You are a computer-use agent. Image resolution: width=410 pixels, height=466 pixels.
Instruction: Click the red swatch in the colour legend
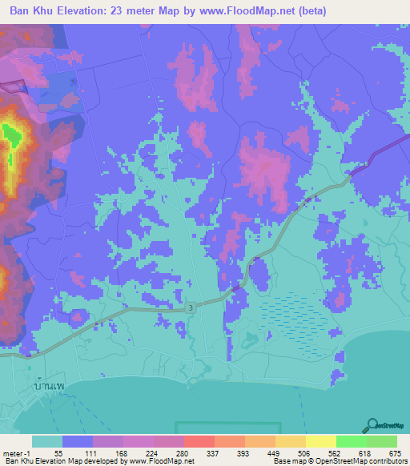[x=199, y=441]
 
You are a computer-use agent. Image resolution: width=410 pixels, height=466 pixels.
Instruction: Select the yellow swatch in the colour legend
[x=320, y=441]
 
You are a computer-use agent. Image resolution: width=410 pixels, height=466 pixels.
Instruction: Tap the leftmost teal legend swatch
[x=47, y=441]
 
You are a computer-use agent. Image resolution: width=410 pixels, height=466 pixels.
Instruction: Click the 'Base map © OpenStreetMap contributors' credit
[x=339, y=460]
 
